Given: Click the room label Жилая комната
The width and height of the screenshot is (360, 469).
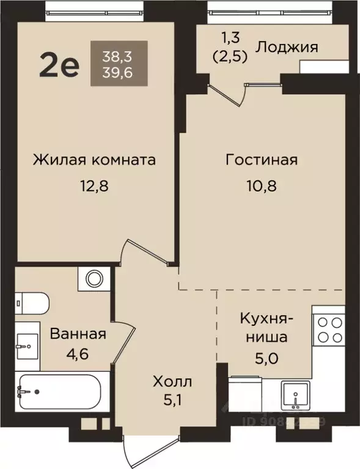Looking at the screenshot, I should (94, 160).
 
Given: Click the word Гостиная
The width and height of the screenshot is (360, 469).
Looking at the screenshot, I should (261, 160).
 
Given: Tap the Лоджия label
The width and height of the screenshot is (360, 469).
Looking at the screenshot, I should (287, 46).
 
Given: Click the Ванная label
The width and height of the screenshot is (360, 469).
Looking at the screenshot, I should (78, 334).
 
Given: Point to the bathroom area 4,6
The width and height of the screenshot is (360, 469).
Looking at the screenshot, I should (78, 354).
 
